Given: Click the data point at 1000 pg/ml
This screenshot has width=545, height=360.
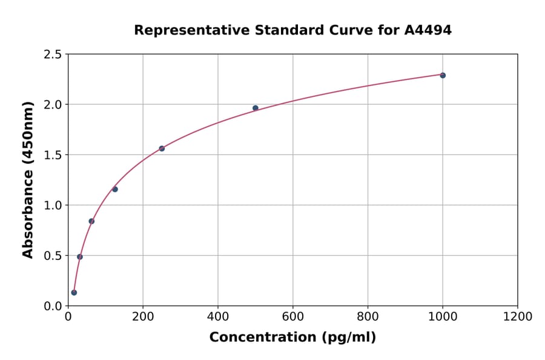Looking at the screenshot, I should tap(443, 75).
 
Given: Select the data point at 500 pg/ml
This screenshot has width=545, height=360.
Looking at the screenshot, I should tap(256, 108).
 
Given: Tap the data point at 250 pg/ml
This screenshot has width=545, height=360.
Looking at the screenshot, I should tap(162, 148).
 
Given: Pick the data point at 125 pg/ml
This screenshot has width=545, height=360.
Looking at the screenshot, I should tap(115, 189).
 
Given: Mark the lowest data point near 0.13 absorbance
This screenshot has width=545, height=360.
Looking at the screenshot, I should tap(74, 293).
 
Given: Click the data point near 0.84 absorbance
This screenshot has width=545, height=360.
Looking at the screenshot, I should tap(91, 221).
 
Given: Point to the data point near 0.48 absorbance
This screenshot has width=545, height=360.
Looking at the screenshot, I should tap(80, 257).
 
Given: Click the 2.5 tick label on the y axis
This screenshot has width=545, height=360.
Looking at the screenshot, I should tap(53, 55).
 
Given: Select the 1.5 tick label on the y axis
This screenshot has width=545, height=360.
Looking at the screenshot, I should tap(53, 155).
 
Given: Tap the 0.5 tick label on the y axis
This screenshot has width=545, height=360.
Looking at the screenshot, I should tap(53, 256).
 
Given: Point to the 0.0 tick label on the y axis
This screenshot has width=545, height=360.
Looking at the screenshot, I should tap(53, 306).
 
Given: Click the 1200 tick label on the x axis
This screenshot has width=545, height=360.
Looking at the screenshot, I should tap(517, 317).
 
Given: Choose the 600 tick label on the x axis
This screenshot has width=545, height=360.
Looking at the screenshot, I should tap(292, 317).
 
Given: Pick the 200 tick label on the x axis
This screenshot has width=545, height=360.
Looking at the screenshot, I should tap(143, 317).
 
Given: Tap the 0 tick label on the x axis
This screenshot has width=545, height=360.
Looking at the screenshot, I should tap(68, 317).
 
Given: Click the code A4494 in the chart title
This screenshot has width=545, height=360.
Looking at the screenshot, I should tap(428, 30).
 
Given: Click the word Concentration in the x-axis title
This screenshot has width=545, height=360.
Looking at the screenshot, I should tap(264, 338).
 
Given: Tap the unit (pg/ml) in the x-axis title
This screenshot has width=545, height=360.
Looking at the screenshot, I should tap(349, 338).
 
